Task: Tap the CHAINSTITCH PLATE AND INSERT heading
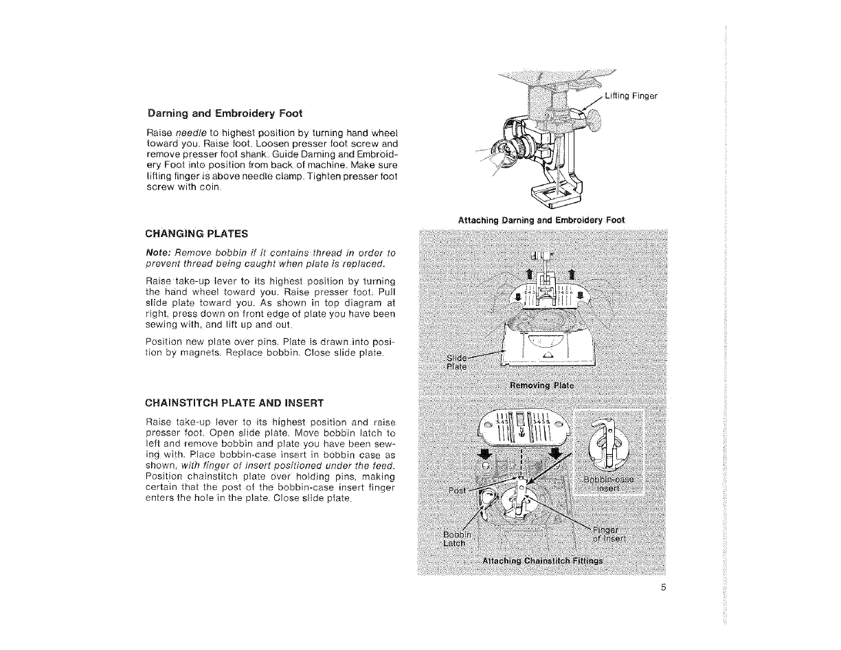click(x=236, y=401)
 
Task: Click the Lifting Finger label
click(x=631, y=96)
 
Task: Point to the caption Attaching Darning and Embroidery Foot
click(x=541, y=220)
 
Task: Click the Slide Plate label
click(x=456, y=361)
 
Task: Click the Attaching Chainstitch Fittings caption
click(x=543, y=561)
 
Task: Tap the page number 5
click(x=664, y=587)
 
